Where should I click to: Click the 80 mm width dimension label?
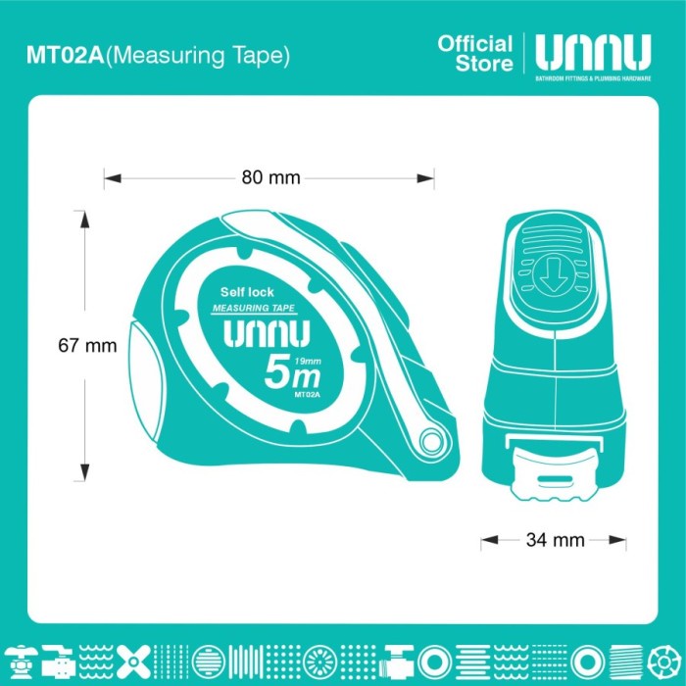(269, 178)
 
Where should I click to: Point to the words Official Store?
(475, 53)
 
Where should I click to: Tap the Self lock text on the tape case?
(247, 292)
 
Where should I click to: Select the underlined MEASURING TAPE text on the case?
(255, 309)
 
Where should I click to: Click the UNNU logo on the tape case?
(267, 335)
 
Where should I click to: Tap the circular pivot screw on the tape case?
(432, 442)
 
